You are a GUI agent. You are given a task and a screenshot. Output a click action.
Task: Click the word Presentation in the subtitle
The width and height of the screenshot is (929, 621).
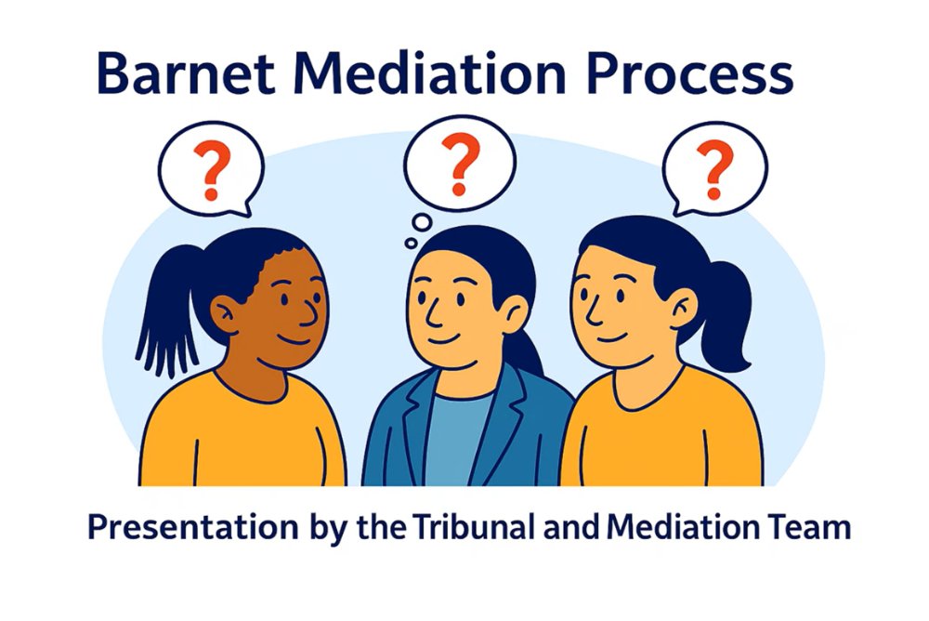[193, 527]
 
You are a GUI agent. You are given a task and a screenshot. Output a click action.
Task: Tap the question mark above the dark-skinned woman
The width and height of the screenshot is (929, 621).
[212, 169]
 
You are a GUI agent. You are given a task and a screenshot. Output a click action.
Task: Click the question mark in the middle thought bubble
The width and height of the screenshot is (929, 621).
[460, 164]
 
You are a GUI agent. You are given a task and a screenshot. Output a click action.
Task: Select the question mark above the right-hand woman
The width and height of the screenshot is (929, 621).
[715, 169]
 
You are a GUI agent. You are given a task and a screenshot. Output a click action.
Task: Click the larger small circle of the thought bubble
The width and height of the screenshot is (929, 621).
[422, 222]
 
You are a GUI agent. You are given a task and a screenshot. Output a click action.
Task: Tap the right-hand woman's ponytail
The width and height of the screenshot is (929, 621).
[726, 315]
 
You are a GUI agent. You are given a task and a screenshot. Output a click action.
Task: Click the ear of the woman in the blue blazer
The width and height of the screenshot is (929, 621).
[515, 313]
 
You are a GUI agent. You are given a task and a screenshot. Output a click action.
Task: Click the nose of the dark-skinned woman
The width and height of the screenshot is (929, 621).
[311, 311]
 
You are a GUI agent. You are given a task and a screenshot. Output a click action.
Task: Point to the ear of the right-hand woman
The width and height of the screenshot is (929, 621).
[683, 308]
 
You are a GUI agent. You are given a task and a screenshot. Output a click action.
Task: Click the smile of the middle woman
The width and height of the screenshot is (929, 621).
[443, 340]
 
